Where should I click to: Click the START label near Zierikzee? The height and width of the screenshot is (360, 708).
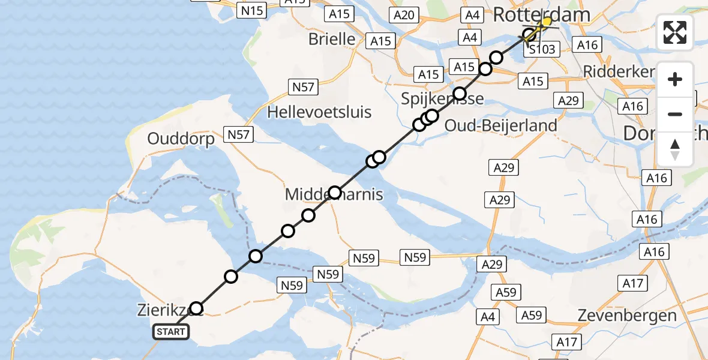[x=172, y=331]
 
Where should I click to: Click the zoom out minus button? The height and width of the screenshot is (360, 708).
[x=675, y=114]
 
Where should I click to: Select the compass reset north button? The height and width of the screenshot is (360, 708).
[x=675, y=149]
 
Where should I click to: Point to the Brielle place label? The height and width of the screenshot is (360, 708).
[x=332, y=39]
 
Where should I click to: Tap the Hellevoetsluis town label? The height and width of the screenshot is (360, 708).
[x=319, y=112]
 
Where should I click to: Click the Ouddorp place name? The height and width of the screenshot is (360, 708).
[x=181, y=139]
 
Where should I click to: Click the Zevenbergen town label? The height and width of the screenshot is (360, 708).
[x=626, y=315]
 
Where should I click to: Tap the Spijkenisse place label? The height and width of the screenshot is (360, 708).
[x=442, y=98]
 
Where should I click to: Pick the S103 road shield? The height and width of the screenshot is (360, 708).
[x=542, y=49]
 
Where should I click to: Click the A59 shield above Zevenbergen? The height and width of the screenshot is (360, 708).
[x=532, y=315]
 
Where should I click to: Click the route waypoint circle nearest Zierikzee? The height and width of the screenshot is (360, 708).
[x=196, y=309]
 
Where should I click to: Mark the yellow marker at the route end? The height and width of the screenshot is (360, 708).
[x=546, y=22]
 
